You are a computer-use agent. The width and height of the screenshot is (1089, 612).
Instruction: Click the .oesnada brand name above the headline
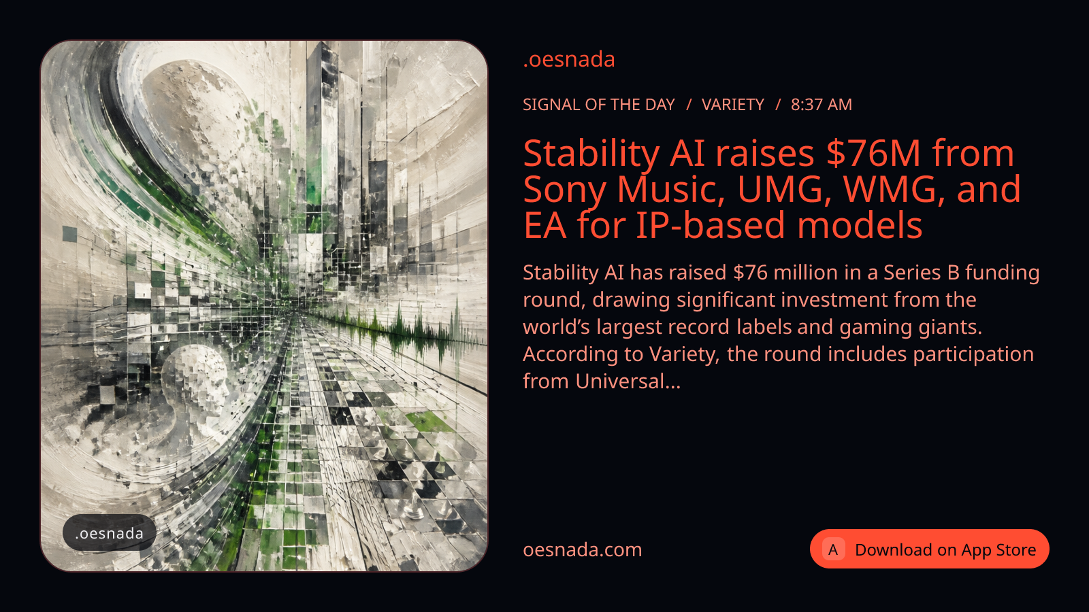click(x=569, y=60)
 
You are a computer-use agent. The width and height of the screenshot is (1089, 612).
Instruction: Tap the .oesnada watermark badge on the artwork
click(x=110, y=533)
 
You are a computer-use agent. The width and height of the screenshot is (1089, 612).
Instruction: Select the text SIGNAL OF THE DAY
click(x=598, y=105)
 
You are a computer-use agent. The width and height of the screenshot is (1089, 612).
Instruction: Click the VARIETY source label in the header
click(x=732, y=105)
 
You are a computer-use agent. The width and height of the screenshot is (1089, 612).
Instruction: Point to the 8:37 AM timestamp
click(x=821, y=105)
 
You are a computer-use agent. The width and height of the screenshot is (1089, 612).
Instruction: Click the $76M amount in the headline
click(x=873, y=153)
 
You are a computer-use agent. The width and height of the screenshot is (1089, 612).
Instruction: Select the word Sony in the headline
click(x=565, y=190)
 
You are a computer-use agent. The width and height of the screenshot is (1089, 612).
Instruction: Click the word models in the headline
click(x=860, y=225)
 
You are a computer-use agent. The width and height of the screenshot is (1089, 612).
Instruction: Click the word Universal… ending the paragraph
click(x=628, y=381)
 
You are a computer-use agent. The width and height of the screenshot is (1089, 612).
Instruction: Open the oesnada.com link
click(x=583, y=550)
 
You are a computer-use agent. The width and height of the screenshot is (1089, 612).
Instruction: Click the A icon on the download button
click(x=833, y=549)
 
